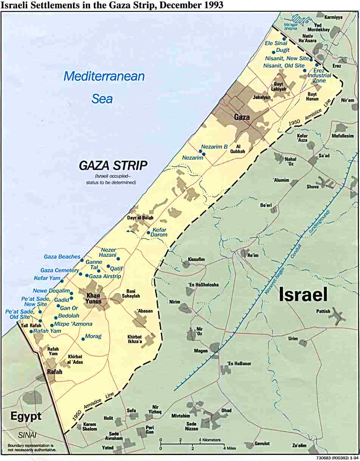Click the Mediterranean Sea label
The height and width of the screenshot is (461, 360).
tap(104, 87)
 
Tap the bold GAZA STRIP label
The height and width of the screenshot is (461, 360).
tap(113, 166)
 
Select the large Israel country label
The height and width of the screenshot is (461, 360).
tap(303, 295)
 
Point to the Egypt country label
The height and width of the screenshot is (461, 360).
tap(26, 416)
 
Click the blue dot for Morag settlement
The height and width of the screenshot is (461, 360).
tap(83, 339)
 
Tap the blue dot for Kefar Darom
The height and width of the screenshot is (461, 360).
tap(148, 232)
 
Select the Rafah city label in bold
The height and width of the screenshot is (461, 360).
tap(54, 372)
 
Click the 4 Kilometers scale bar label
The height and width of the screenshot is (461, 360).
tap(209, 440)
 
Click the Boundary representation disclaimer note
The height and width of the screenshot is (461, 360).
tap(32, 448)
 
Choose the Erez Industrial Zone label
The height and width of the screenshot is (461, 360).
tap(320, 75)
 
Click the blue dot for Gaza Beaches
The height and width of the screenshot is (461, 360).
tap(82, 260)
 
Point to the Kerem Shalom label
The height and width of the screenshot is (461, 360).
tap(90, 427)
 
